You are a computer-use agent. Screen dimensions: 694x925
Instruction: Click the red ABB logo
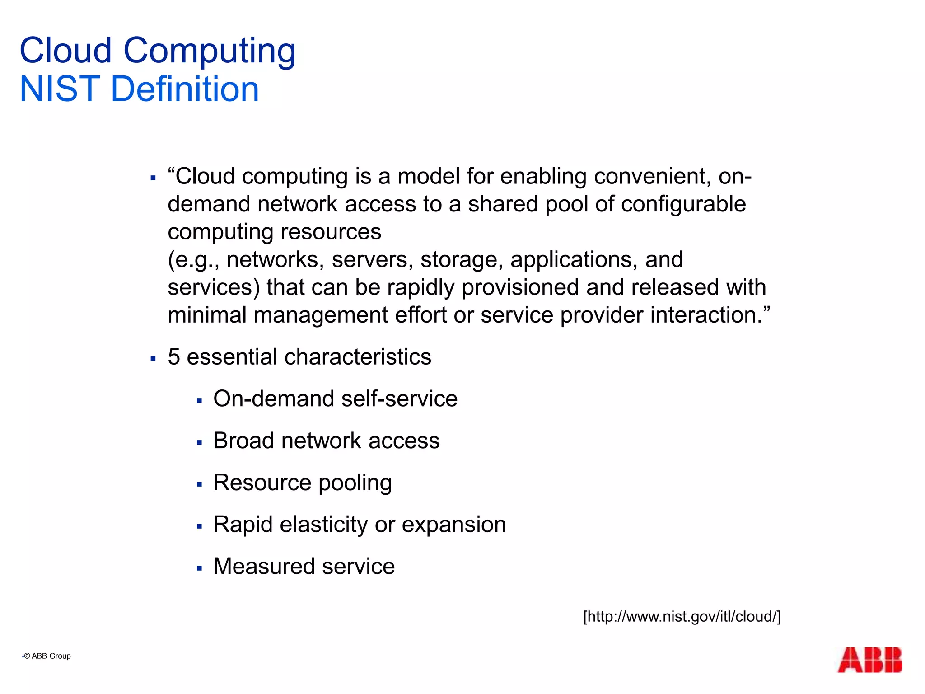pyautogui.click(x=869, y=660)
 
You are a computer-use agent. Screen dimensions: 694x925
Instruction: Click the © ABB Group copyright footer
pyautogui.click(x=47, y=656)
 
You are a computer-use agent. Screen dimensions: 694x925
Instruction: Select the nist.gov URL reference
pyautogui.click(x=682, y=617)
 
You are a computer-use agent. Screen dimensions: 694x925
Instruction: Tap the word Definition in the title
pyautogui.click(x=185, y=89)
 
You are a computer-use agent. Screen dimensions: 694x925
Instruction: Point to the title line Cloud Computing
pyautogui.click(x=158, y=51)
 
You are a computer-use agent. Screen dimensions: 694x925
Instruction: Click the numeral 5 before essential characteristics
pyautogui.click(x=174, y=357)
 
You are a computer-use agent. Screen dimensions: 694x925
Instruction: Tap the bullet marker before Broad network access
pyautogui.click(x=199, y=443)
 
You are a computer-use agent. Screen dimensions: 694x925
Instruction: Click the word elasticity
pyautogui.click(x=323, y=525)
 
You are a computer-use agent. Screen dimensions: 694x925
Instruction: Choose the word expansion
pyautogui.click(x=453, y=525)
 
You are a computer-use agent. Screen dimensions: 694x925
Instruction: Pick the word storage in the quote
pyautogui.click(x=462, y=260)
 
